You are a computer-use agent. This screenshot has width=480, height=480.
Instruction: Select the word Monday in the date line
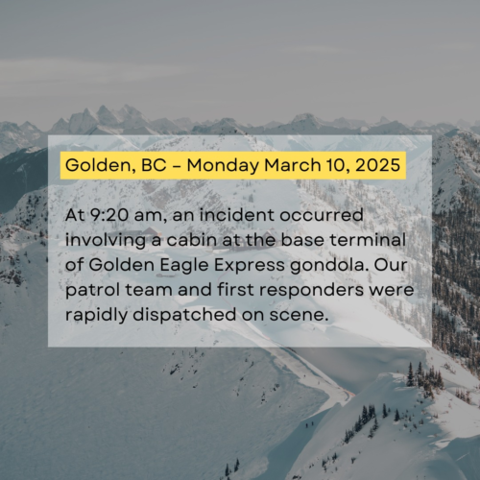pyautogui.click(x=223, y=166)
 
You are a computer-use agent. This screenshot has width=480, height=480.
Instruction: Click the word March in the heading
pyautogui.click(x=292, y=165)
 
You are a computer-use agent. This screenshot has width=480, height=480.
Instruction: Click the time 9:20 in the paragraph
pyautogui.click(x=108, y=215)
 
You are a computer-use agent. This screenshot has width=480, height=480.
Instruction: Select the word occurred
pyautogui.click(x=322, y=215)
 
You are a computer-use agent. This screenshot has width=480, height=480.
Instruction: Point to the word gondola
pyautogui.click(x=327, y=266)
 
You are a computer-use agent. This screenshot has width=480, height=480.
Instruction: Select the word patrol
pyautogui.click(x=92, y=290)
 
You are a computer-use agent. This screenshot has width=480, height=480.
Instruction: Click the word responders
pyautogui.click(x=311, y=290)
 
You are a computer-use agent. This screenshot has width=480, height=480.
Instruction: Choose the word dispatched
pyautogui.click(x=184, y=315)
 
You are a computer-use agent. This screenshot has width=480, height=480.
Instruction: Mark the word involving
pyautogui.click(x=106, y=241)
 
